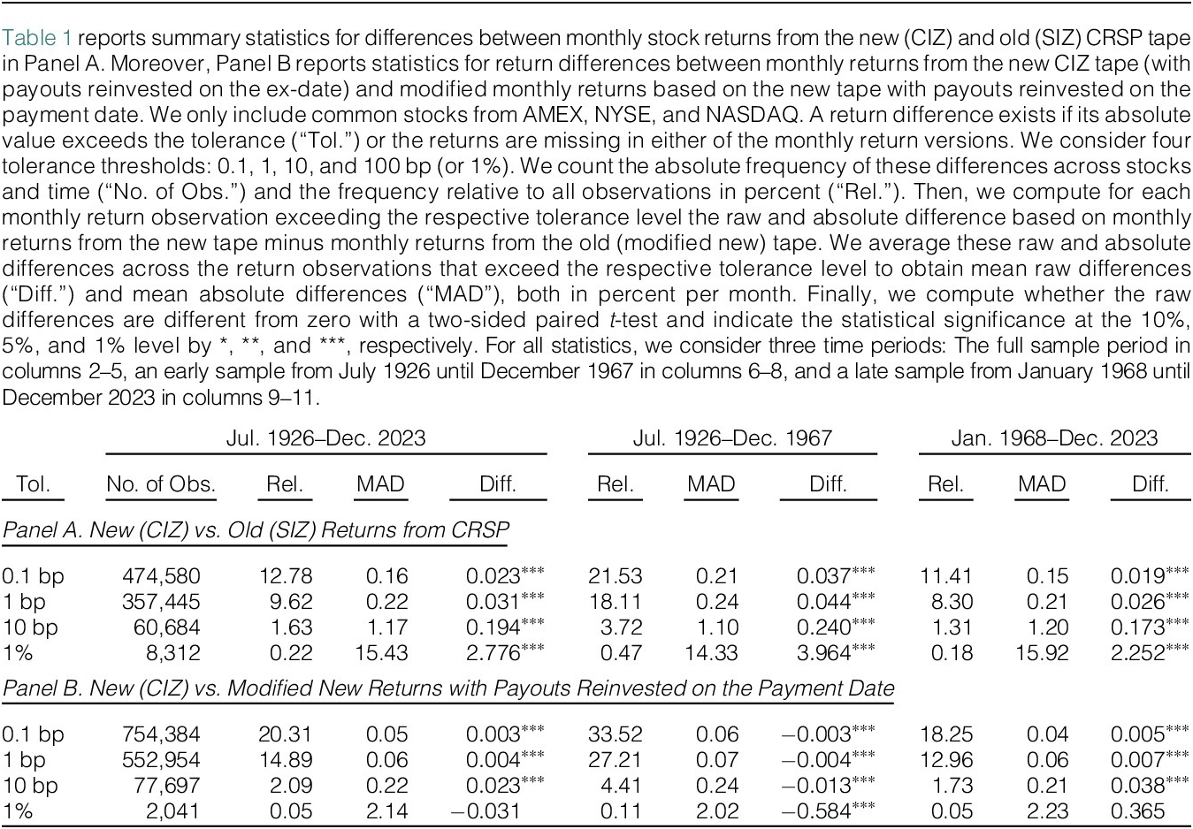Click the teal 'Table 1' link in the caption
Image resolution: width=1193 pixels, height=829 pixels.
coord(37,38)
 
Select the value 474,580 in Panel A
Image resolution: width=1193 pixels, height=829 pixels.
coord(161,576)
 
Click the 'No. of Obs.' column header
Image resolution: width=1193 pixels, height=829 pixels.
coord(161,484)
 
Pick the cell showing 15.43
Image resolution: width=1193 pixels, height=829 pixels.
coord(381,653)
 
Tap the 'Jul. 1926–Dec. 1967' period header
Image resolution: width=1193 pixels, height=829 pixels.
coord(732,438)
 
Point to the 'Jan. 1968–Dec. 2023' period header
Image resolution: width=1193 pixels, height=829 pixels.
coord(1054,438)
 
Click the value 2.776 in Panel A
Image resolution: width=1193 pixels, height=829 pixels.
coord(493,653)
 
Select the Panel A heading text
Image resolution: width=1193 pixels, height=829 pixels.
coord(256,530)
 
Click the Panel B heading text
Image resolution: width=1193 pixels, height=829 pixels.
coord(448,688)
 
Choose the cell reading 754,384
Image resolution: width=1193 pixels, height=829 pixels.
coord(161,734)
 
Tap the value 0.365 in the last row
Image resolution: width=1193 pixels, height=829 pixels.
coord(1137,811)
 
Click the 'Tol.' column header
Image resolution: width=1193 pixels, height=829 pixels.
coord(33,484)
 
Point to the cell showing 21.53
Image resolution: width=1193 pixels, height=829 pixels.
coord(616,576)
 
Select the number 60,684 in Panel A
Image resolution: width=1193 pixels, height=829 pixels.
coord(166,627)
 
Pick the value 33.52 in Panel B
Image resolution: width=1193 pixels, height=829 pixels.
coord(616,734)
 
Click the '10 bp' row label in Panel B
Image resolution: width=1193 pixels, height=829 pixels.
coord(30,786)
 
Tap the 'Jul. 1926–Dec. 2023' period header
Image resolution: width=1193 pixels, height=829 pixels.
coord(326,438)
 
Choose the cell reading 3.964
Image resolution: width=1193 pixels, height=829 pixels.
coord(824,653)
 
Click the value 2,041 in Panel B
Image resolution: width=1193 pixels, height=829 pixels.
coord(173,811)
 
